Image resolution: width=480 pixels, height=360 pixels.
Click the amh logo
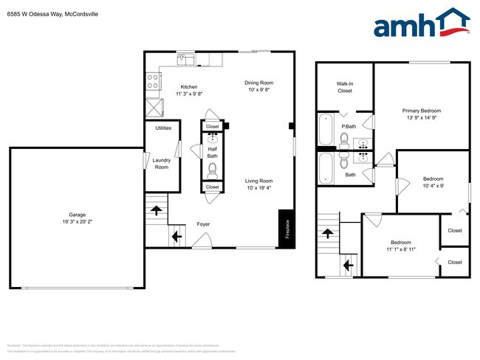click(x=422, y=24)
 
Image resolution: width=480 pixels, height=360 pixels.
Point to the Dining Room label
click(x=259, y=83)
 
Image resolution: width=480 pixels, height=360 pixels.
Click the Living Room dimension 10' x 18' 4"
click(x=259, y=188)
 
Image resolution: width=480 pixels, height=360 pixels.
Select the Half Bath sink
click(x=213, y=138)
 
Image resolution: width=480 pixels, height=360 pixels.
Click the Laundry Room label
click(x=161, y=163)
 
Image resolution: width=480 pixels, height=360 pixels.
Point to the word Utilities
click(x=163, y=128)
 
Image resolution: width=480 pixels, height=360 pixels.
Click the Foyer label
click(x=203, y=224)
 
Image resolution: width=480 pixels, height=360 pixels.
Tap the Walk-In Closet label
click(x=345, y=87)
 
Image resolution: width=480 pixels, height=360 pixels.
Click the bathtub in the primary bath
click(x=326, y=130)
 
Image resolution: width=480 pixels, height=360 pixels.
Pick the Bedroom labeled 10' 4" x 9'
click(x=433, y=183)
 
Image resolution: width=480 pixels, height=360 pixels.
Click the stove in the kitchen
click(x=153, y=81)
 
